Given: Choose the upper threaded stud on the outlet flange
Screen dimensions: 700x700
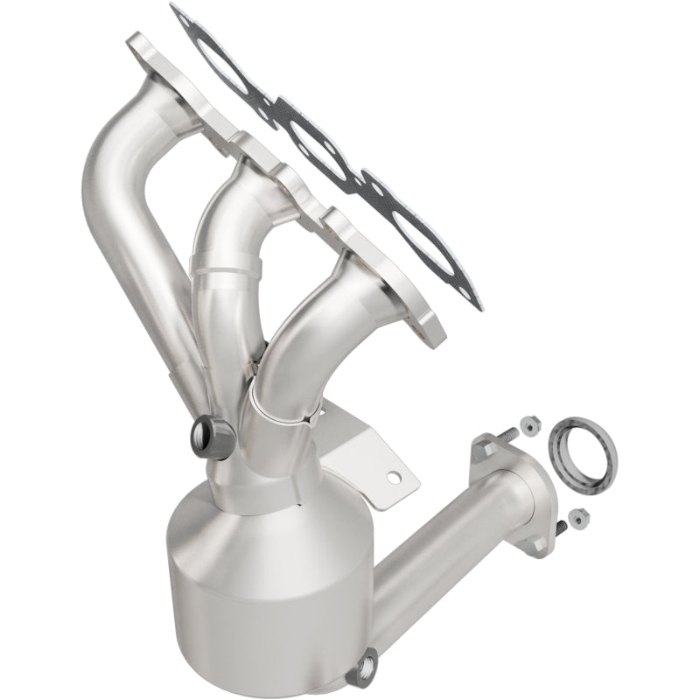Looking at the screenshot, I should [508, 434].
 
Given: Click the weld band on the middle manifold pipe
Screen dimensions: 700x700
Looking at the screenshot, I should [229, 262].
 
